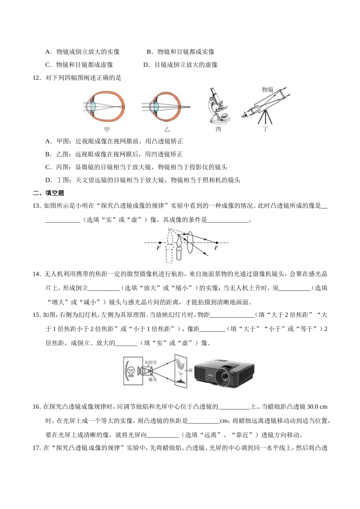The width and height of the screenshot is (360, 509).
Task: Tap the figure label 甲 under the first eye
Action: click(107, 130)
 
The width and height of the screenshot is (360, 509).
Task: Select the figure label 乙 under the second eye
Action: click(167, 130)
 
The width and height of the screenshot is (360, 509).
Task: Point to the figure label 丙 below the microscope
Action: click(218, 130)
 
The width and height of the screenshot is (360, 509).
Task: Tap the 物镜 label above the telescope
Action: click(268, 89)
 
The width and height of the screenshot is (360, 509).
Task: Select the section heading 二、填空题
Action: click(49, 193)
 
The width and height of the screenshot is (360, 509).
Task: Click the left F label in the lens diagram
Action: click(158, 248)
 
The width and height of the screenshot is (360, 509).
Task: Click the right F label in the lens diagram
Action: click(216, 248)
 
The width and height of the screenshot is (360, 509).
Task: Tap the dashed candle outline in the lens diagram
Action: click(169, 246)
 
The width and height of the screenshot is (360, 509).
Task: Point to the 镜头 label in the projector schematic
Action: click(153, 379)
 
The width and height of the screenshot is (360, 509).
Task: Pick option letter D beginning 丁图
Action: click(48, 180)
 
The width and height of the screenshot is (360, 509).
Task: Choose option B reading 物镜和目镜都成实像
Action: click(181, 52)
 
